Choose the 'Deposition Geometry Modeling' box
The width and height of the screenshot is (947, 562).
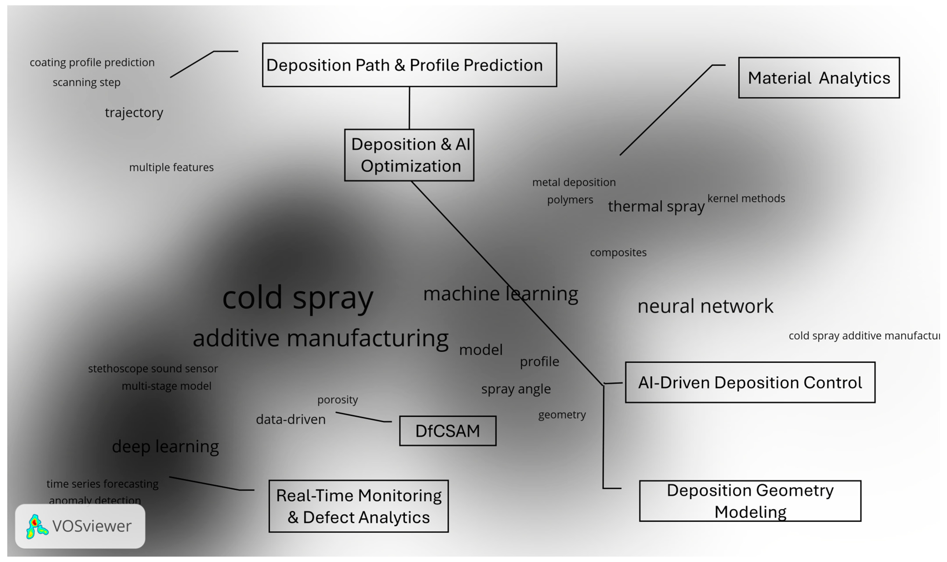click(x=750, y=501)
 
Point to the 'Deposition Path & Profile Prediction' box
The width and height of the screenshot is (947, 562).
click(x=409, y=65)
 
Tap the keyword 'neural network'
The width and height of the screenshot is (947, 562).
click(x=705, y=306)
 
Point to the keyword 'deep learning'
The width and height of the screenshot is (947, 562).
click(x=165, y=446)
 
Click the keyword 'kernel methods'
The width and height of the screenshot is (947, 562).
click(x=746, y=198)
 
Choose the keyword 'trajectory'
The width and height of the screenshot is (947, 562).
click(x=134, y=112)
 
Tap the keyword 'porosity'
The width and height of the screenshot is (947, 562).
click(x=338, y=400)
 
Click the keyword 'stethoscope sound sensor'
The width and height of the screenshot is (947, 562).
click(x=153, y=368)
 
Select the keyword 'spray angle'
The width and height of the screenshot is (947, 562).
click(x=516, y=389)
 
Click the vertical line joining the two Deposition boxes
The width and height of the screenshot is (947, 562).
click(x=409, y=108)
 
